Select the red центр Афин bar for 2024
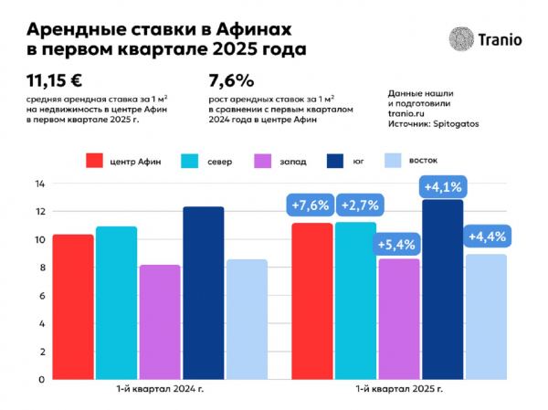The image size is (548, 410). click(x=72, y=306)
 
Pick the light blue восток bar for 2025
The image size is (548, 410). click(x=487, y=316)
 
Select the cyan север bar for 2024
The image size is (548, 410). click(x=116, y=302)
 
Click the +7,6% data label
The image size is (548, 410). click(x=311, y=205)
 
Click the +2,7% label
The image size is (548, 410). click(x=355, y=205)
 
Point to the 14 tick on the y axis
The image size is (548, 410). click(x=39, y=184)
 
